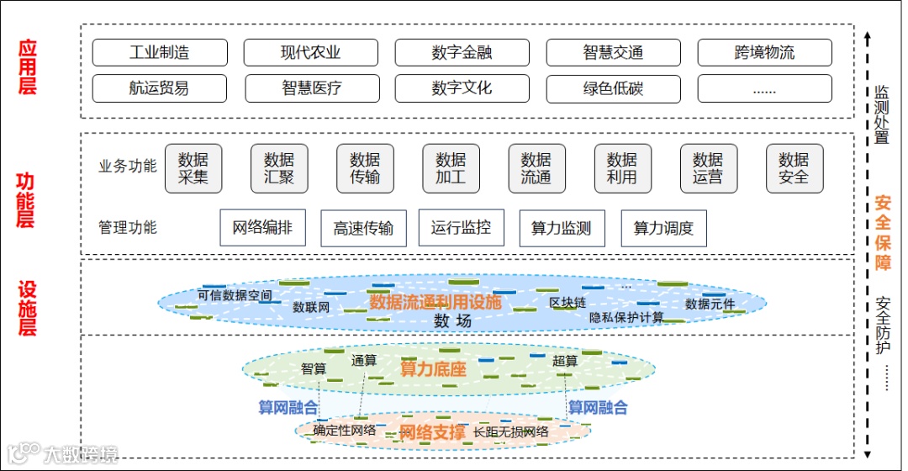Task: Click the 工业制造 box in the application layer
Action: (160, 52)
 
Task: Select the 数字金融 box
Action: (462, 52)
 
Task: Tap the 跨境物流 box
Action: (764, 52)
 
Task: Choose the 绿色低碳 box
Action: (613, 88)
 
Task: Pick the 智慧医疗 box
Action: (312, 88)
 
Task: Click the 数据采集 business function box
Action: (193, 168)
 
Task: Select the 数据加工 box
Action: (451, 168)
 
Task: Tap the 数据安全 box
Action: (794, 168)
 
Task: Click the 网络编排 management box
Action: (262, 227)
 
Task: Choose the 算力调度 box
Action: (663, 228)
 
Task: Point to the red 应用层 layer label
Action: (28, 66)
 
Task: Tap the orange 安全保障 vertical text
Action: (882, 232)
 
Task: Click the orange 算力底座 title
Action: (432, 368)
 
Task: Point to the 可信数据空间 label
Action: (235, 295)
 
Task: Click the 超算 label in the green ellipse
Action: (565, 360)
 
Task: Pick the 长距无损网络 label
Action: (511, 431)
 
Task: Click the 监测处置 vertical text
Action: (882, 114)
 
